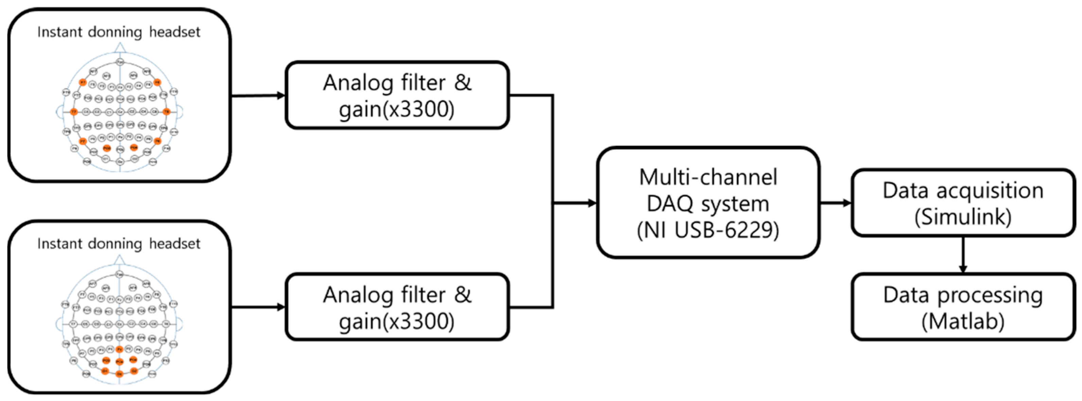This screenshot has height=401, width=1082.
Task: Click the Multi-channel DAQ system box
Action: coord(708,203)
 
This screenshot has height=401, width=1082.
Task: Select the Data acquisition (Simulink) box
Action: coord(963,203)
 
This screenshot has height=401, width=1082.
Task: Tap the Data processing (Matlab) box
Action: coord(963,307)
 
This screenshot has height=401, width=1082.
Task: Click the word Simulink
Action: coord(963,217)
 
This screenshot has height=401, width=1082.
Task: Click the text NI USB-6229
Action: coord(708,230)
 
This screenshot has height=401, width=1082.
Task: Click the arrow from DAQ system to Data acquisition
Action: coord(835,203)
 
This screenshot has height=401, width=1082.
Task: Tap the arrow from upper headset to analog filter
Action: coord(258,96)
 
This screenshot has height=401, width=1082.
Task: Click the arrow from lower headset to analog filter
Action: coord(258,307)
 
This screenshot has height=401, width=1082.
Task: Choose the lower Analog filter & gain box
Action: coord(397,307)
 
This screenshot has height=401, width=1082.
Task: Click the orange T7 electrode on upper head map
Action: coord(74,112)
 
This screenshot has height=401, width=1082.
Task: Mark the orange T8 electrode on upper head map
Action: coord(166,112)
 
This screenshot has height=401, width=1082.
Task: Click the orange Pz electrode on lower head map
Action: coord(120,349)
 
